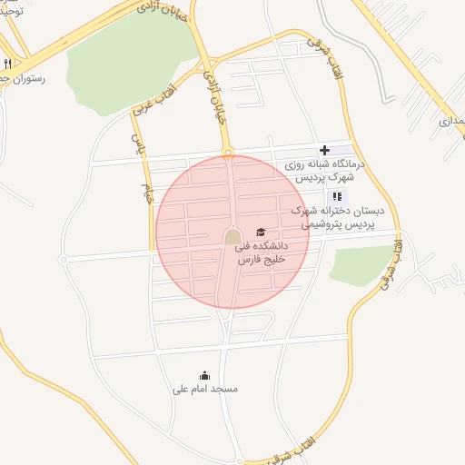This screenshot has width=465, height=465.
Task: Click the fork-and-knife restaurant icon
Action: pos(7,64)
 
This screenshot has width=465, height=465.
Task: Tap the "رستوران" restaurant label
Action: pos(35,78)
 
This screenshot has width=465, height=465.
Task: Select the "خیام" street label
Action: pos(144,193)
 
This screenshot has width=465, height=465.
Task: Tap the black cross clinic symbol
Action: pos(324,150)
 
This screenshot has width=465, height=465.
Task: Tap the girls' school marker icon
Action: pos(337,195)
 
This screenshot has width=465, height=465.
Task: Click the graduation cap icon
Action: pos(262,232)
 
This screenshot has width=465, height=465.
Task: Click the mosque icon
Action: pos(204,375)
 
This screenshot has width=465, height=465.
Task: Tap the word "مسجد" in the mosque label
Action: pos(223,389)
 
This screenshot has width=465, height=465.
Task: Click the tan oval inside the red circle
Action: pos(232,237)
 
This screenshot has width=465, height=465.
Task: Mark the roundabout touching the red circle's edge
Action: pos(229,153)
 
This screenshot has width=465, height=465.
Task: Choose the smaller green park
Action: pos(361,263)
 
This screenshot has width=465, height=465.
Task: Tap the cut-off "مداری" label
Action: pos(451,120)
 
